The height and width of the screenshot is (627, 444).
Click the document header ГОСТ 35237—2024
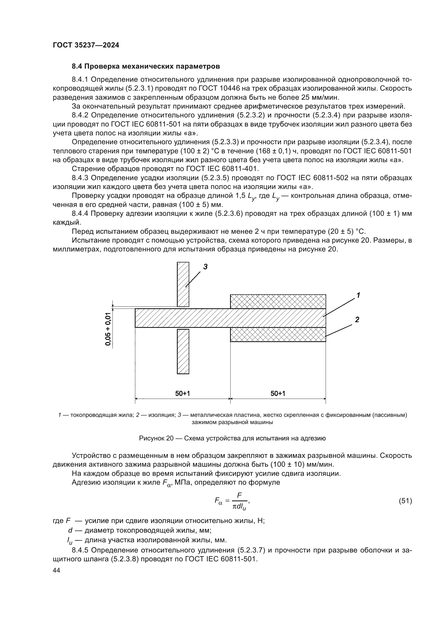[86, 45]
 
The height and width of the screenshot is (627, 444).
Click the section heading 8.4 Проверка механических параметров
[146, 66]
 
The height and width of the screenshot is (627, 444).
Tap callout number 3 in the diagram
[205, 267]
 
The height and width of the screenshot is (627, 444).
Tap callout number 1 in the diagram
[358, 295]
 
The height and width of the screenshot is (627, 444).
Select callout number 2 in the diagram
[357, 319]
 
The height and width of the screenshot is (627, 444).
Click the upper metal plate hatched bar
[183, 284]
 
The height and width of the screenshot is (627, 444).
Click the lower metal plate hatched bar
[183, 351]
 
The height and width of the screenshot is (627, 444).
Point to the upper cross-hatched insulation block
[278, 302]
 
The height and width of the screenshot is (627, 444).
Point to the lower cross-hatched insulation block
[278, 334]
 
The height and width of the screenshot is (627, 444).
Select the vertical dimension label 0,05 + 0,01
[108, 329]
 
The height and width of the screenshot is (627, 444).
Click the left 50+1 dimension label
[182, 393]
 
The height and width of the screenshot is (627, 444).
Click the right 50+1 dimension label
[278, 393]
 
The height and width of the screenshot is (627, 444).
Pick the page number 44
[56, 570]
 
